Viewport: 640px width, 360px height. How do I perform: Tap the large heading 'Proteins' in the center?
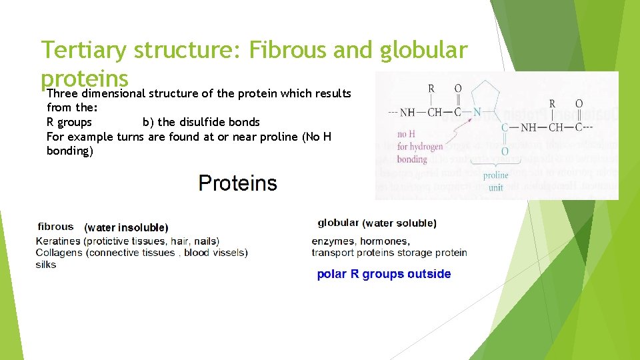[x=237, y=183]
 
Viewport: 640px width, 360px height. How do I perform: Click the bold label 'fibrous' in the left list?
[x=56, y=227]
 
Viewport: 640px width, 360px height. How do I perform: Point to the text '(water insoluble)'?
[x=127, y=228]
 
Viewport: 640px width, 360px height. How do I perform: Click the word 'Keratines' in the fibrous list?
[x=58, y=241]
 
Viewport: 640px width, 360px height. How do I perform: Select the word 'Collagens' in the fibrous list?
[x=59, y=253]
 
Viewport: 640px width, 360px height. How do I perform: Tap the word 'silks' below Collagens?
[x=46, y=265]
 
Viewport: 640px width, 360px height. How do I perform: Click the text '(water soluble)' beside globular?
[x=399, y=223]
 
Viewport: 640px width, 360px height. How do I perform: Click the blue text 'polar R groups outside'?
[x=383, y=274]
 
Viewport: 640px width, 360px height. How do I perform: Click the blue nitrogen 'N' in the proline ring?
[x=476, y=113]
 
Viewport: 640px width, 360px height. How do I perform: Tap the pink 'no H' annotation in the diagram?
[x=407, y=135]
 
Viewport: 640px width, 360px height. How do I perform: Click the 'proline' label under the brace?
[x=495, y=175]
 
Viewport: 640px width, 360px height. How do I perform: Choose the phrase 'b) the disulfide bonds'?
[x=201, y=122]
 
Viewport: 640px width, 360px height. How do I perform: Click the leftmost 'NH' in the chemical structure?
[x=411, y=113]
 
